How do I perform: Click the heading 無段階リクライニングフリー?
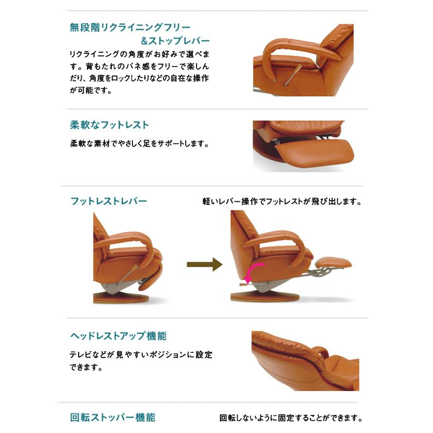tap(130, 27)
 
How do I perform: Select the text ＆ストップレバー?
tap(175, 41)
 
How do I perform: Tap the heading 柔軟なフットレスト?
tap(109, 125)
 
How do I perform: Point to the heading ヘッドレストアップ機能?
tap(118, 336)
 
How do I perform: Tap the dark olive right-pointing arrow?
tap(204, 265)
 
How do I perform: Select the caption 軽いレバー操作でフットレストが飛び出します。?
tap(281, 202)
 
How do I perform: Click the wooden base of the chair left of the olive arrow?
tap(120, 297)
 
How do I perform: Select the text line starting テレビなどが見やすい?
tap(141, 355)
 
